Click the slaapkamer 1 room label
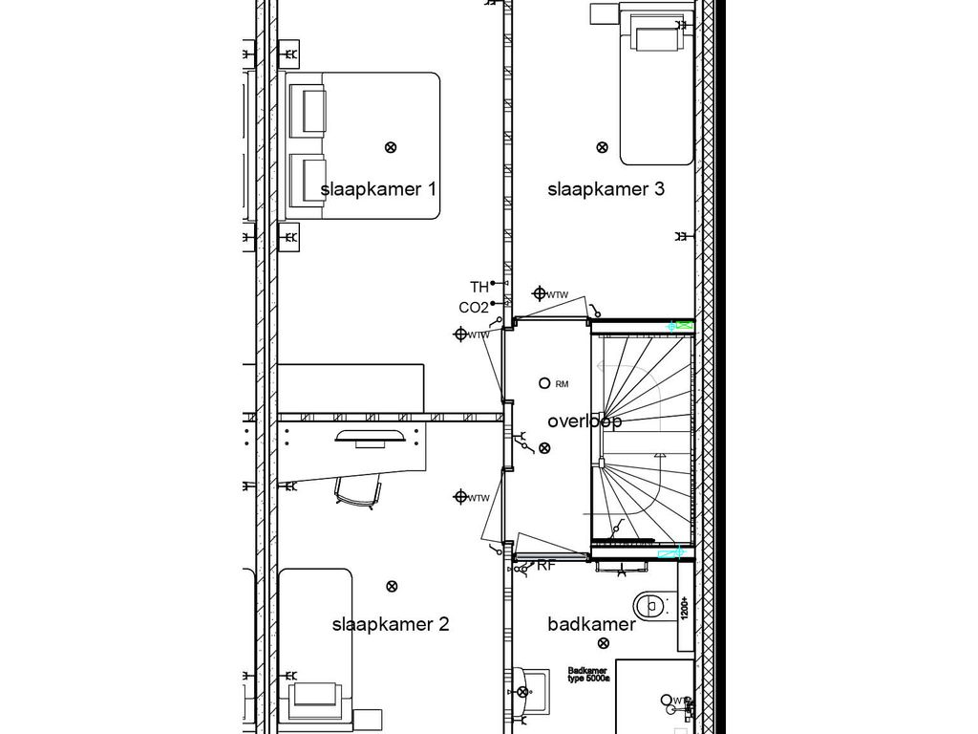click(378, 189)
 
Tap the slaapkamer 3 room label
click(606, 189)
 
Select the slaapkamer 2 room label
click(390, 625)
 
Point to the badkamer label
click(591, 625)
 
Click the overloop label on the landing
click(585, 421)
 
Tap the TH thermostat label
click(478, 287)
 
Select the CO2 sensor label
click(474, 308)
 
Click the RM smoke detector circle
click(545, 383)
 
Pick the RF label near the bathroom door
click(545, 566)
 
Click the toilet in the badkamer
click(651, 605)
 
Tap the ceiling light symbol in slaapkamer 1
click(390, 147)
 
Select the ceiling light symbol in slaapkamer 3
click(602, 147)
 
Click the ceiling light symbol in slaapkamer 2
click(390, 586)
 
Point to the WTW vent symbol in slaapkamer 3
click(540, 293)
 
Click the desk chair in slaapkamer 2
click(358, 490)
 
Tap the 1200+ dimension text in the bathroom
click(685, 606)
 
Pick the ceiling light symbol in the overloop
click(544, 447)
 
